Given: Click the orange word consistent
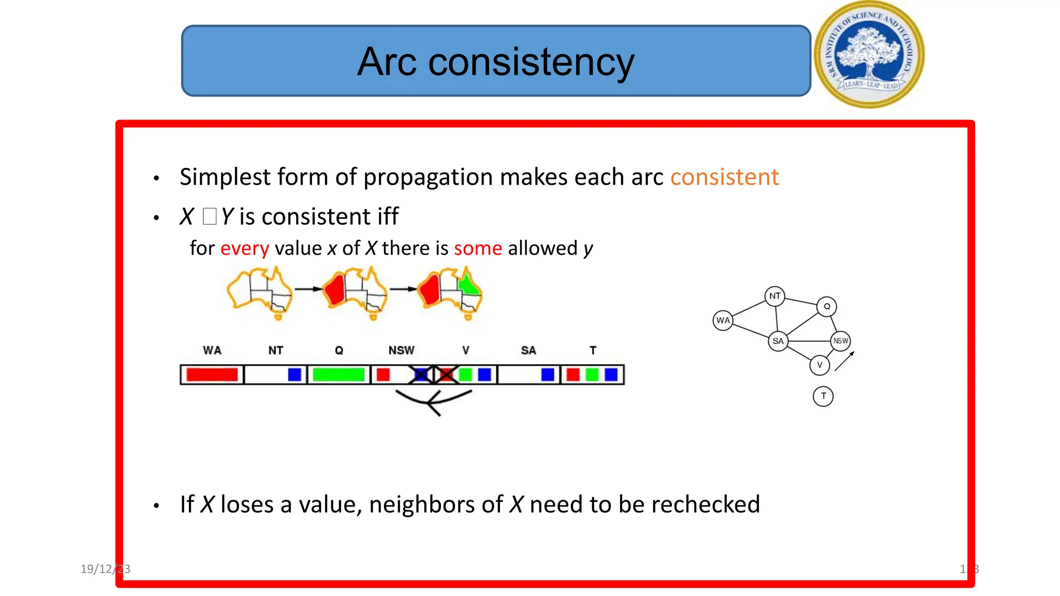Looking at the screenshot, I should tap(724, 177).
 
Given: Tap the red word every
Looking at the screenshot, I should tap(244, 249).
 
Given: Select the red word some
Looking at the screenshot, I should tap(478, 249).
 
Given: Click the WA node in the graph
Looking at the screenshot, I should tap(723, 321).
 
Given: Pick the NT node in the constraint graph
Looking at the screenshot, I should tap(774, 296).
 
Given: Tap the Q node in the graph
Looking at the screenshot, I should tap(827, 307).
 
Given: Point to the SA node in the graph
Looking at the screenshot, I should tap(777, 341).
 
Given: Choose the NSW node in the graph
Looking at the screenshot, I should tap(841, 341).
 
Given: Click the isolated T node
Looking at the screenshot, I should tap(823, 396).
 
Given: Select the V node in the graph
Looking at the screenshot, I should tap(819, 365).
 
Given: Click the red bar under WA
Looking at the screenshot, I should tap(212, 375).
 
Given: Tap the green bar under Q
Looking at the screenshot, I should tap(338, 375).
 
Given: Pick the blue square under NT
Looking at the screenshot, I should tap(295, 375).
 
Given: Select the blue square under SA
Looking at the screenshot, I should tap(548, 375).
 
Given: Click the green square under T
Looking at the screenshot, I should tap(592, 375).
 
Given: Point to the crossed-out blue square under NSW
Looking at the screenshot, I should tap(421, 375).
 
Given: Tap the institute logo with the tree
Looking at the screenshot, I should tap(869, 55).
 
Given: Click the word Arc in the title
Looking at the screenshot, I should tap(387, 62).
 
